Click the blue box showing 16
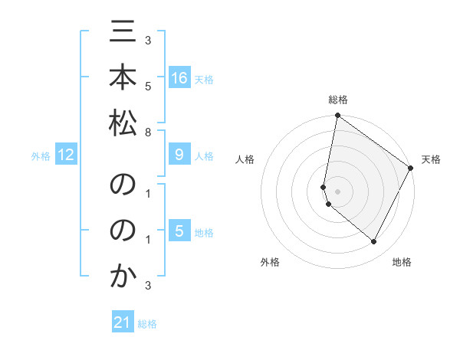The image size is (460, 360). (x=179, y=78)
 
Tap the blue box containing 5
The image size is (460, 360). (x=179, y=231)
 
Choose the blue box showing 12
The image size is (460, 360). (x=65, y=155)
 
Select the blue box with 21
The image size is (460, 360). (x=123, y=322)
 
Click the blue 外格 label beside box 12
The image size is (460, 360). (x=41, y=156)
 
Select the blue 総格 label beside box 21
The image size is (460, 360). (x=147, y=324)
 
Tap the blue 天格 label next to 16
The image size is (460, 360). (x=203, y=79)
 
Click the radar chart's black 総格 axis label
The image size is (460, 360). (x=338, y=100)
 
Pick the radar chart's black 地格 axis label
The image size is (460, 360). (x=402, y=262)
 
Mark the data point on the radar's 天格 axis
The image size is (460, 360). (x=411, y=169)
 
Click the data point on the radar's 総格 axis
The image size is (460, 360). (x=337, y=116)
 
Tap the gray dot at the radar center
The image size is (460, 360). (x=337, y=190)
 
